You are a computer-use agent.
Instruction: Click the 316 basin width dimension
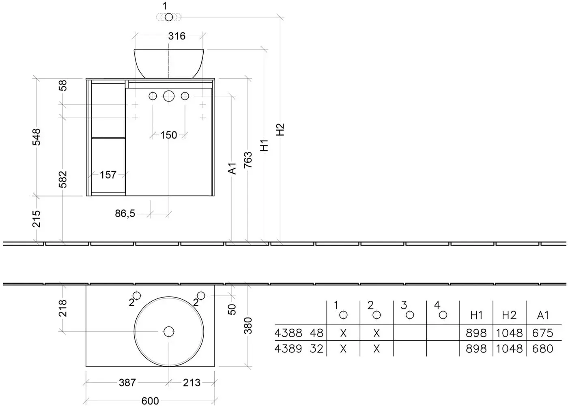click(x=177, y=36)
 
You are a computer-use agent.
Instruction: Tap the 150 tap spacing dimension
click(x=169, y=135)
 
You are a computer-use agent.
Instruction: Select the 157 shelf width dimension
click(x=108, y=175)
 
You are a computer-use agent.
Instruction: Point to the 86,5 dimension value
click(x=125, y=214)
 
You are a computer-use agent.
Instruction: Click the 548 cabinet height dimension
click(x=37, y=137)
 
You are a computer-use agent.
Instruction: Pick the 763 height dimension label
click(x=248, y=160)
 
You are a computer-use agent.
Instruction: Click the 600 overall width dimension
click(x=150, y=401)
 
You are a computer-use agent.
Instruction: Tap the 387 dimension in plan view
click(x=127, y=382)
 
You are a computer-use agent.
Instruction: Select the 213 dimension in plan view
click(x=191, y=382)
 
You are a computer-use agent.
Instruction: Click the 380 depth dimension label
click(x=248, y=326)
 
